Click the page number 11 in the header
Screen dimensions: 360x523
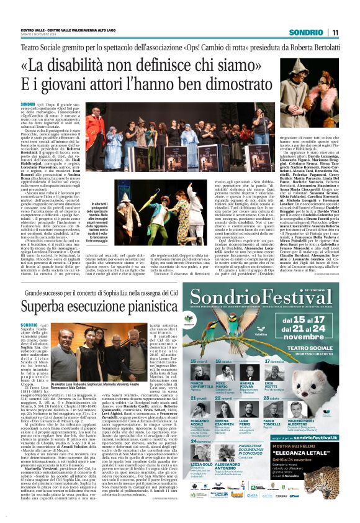[x=334, y=32]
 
